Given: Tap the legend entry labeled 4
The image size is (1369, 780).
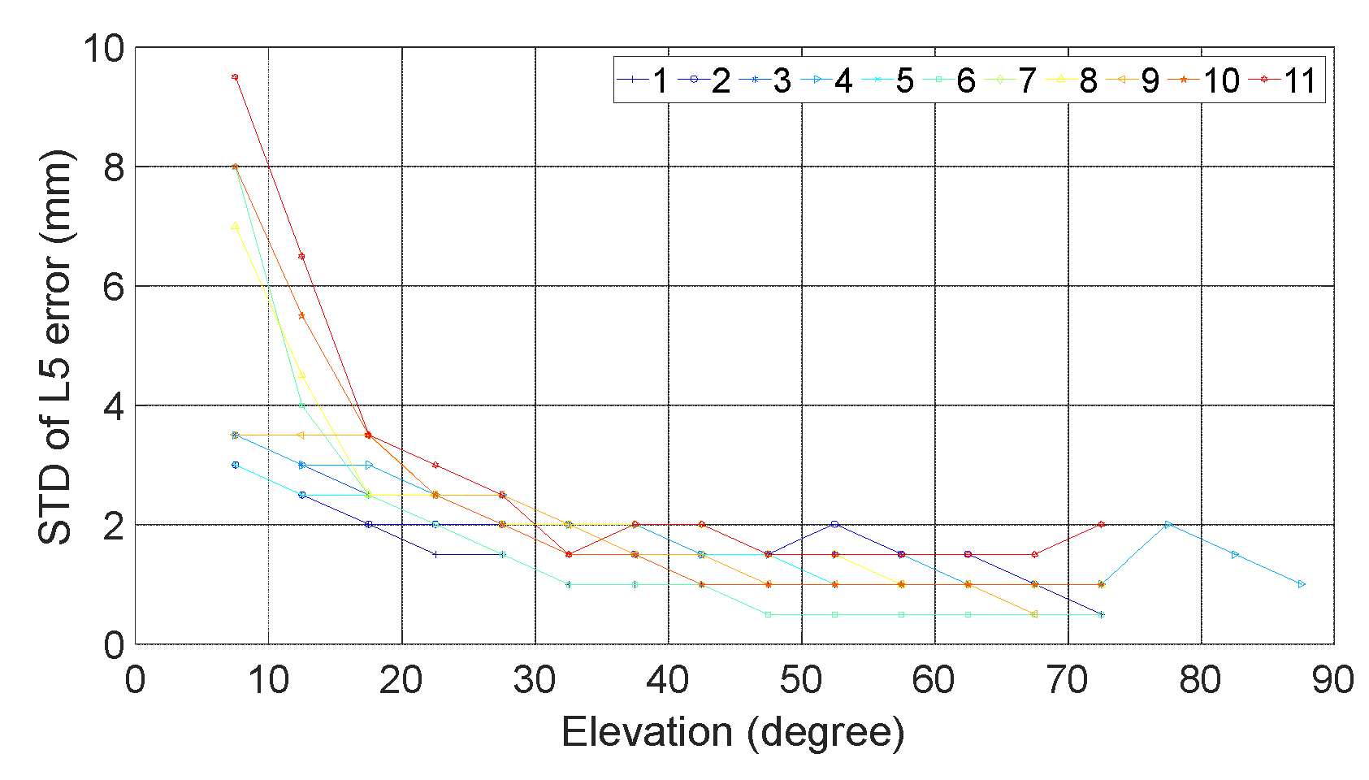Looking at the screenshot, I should coord(829,80).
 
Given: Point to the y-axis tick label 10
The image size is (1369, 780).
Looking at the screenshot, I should coord(103,49).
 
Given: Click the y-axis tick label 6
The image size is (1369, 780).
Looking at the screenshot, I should coord(114,287).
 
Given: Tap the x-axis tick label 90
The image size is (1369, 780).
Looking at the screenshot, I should coord(1332,680).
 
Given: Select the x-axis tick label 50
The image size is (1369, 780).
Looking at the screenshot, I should coord(801,680).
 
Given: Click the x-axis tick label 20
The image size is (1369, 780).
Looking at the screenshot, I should coord(401,680).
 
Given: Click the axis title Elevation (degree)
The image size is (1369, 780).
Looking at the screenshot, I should coord(733,732).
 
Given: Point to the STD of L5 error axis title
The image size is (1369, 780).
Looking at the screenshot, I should coord(55,346).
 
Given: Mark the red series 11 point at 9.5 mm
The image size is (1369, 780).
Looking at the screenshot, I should coord(235,77).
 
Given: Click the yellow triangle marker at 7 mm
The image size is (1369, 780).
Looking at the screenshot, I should coord(235,226).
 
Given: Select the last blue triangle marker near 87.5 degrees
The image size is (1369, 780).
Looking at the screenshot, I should coord(1302,584).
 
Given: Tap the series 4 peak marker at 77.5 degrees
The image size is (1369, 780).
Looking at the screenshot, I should coord(1168,525).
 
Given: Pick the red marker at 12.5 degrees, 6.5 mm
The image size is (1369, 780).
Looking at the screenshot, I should coord(301,256).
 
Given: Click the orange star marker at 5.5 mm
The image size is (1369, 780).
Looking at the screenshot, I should coord(301,315).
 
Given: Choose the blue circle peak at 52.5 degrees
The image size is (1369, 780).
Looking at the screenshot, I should coord(834,525).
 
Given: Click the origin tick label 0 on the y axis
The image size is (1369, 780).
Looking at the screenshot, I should coord(114,645).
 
